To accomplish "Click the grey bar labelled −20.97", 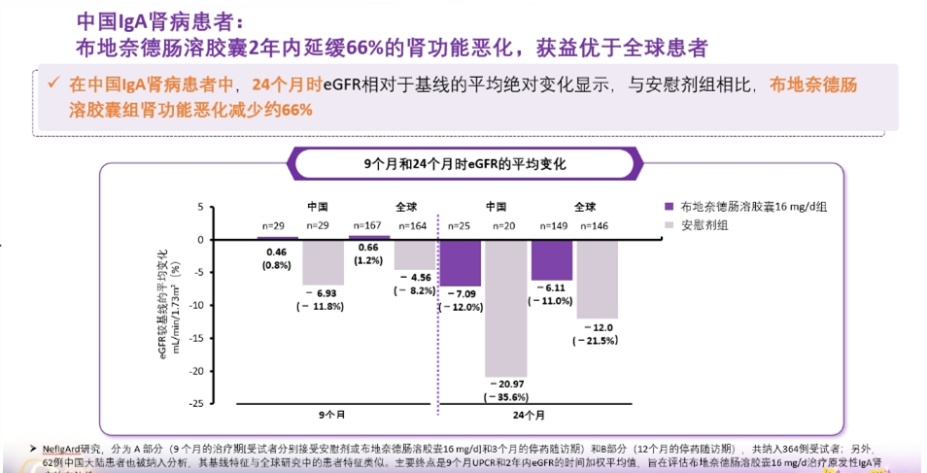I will (506, 308).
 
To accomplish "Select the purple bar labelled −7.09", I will (460, 262).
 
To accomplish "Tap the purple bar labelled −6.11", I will (552, 259).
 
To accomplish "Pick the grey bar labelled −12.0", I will (598, 279).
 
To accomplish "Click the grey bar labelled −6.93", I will (323, 261).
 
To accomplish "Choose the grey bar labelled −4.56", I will (414, 253).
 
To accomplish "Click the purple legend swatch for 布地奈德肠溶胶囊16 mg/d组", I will (669, 207).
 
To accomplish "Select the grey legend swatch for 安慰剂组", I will (669, 225).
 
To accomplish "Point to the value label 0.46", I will (277, 252).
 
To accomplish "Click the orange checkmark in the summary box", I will (54, 84).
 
